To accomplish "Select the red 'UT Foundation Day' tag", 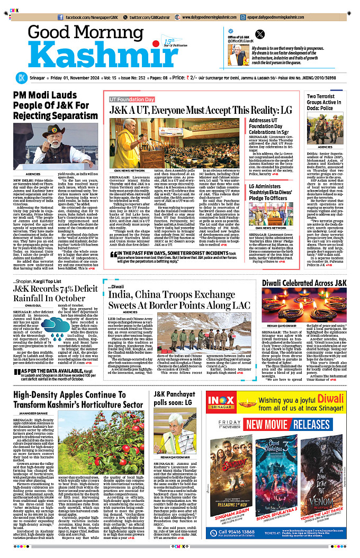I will coord(132,99).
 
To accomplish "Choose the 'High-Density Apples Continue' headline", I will coord(78,400).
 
